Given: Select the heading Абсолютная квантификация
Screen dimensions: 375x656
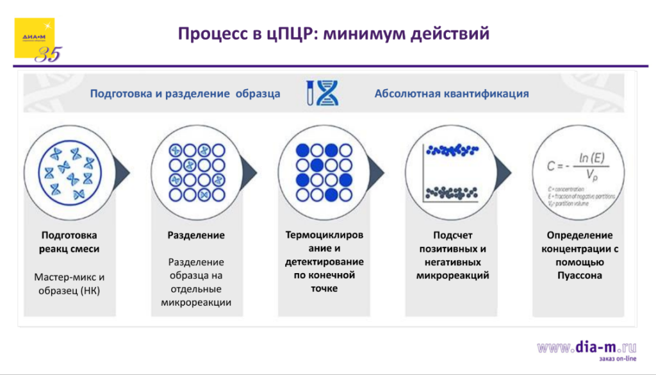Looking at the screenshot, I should [x=451, y=94].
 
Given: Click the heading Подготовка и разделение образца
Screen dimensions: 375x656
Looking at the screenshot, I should [x=184, y=94].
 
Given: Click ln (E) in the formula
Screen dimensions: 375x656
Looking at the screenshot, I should [x=593, y=157].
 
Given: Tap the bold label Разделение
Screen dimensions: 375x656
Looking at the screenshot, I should [x=196, y=235].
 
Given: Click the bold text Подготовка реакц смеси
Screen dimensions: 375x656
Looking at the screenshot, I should [x=69, y=242].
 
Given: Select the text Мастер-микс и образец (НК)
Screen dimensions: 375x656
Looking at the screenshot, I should [x=69, y=283].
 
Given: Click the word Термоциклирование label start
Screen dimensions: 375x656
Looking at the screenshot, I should [x=324, y=235].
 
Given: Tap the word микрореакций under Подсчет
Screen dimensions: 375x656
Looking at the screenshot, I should [x=452, y=276].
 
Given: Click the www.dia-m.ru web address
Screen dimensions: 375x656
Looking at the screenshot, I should [x=587, y=347].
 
